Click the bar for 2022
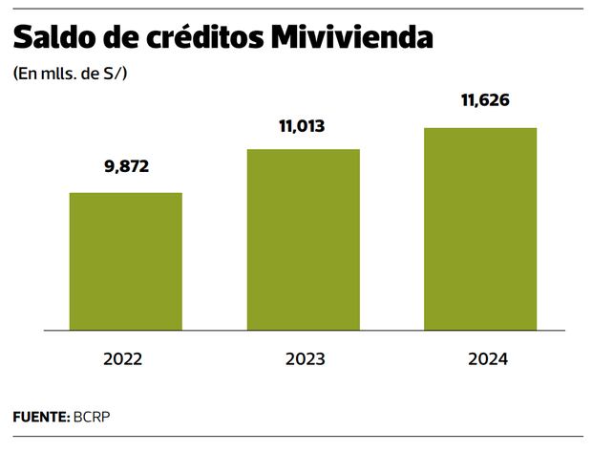pos(126,261)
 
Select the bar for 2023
pos(303,239)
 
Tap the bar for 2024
pos(480,228)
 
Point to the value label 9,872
pos(126,167)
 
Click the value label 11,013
pos(303,123)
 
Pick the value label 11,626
pos(480,102)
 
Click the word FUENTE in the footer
pos(39,418)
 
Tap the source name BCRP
pos(85,418)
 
